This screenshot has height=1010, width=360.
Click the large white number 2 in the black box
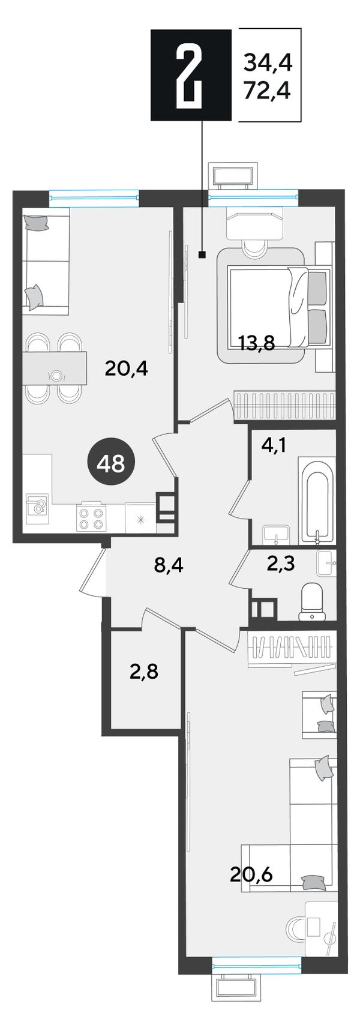click(x=191, y=74)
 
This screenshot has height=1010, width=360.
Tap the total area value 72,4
click(x=267, y=92)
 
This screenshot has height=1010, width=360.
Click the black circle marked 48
click(x=113, y=463)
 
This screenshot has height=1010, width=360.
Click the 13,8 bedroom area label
click(x=257, y=344)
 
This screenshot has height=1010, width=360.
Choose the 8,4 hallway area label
click(x=169, y=565)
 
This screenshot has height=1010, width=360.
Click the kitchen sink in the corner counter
click(x=37, y=509)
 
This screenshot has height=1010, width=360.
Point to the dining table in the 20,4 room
click(x=56, y=368)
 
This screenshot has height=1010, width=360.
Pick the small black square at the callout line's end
click(x=202, y=255)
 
